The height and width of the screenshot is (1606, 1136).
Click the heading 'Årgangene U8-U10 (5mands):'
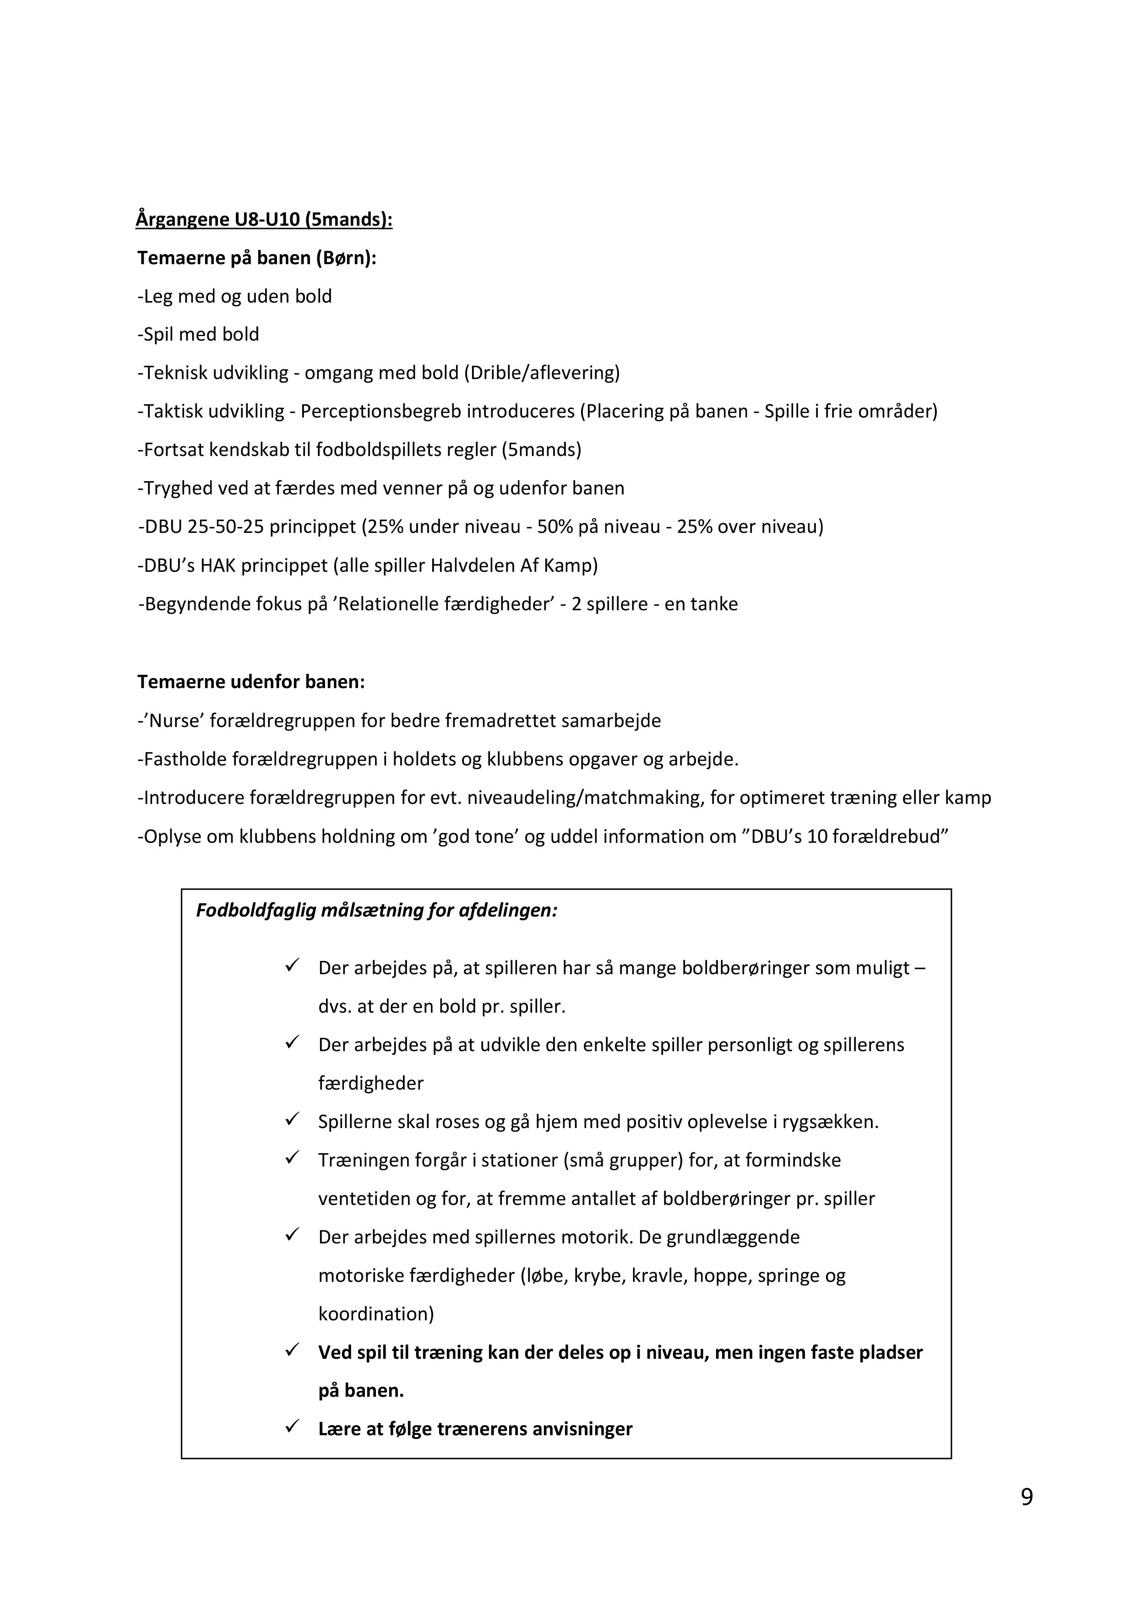[x=264, y=220]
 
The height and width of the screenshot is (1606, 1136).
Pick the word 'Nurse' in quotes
[x=174, y=721]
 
